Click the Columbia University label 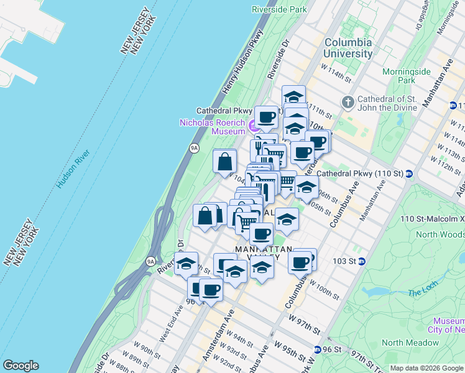[x=348, y=48]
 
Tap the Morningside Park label [x=407, y=76]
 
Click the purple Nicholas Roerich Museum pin [x=252, y=126]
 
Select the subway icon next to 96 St [x=318, y=350]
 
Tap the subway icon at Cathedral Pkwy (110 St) [x=409, y=173]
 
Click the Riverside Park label [x=279, y=9]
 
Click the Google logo [x=21, y=366]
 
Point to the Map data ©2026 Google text [x=426, y=368]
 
